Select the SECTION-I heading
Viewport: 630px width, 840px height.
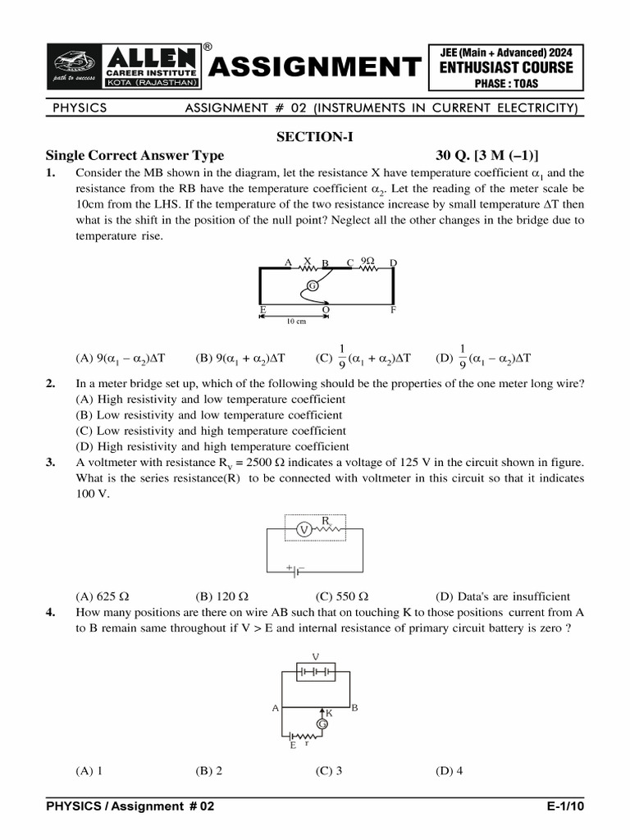coord(314,137)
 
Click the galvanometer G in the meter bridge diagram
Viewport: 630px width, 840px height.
coord(313,285)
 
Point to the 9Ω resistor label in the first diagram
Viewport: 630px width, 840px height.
coord(367,261)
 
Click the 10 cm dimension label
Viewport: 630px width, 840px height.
coord(295,322)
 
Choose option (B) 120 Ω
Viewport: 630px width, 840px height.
coord(221,596)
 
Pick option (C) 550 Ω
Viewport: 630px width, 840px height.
coord(341,596)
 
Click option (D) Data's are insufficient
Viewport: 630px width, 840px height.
coord(502,596)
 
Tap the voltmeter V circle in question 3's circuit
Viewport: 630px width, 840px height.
coord(303,530)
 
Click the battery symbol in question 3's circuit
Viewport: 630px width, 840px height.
coord(294,568)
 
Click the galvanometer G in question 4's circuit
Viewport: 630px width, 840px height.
coord(322,725)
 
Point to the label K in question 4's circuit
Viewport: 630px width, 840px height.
coord(329,713)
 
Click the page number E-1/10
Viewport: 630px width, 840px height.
coord(565,807)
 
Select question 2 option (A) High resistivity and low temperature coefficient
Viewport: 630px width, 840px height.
coord(210,399)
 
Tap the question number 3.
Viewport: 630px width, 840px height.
coord(51,462)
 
